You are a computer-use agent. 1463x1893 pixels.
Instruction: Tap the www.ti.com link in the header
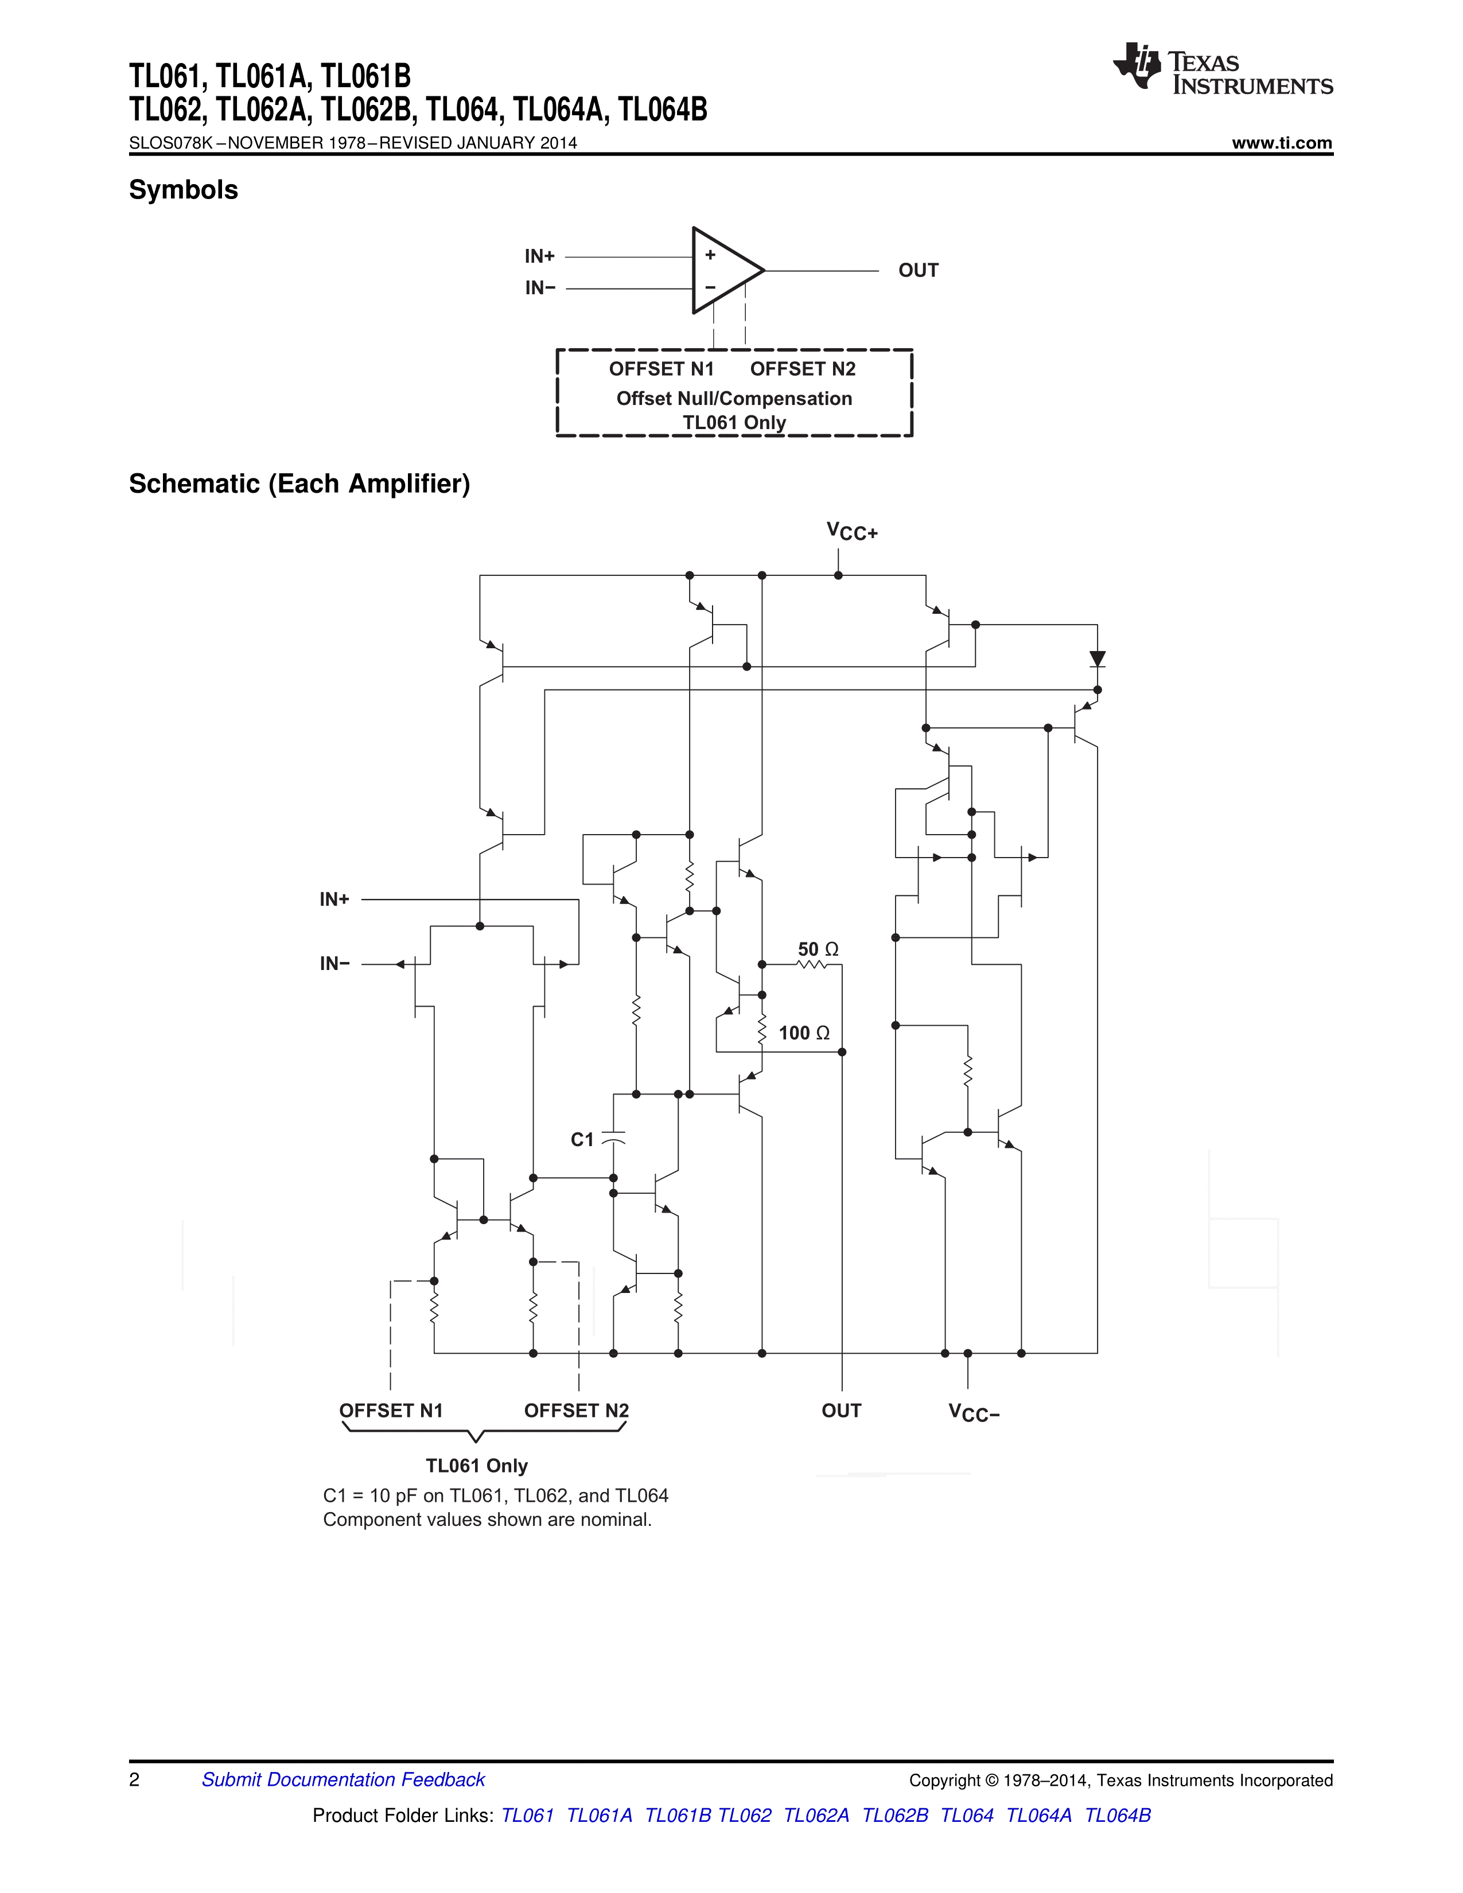(1282, 143)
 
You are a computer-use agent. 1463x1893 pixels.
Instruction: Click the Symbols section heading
(183, 190)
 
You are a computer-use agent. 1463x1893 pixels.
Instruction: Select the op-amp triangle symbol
(723, 270)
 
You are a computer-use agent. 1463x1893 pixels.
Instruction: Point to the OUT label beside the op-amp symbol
(918, 270)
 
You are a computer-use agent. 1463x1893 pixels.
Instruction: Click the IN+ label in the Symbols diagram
(539, 256)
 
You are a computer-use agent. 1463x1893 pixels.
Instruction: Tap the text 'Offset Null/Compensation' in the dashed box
(733, 399)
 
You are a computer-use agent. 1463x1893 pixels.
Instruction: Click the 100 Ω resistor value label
(803, 1033)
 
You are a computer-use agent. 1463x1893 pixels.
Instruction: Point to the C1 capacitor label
(582, 1139)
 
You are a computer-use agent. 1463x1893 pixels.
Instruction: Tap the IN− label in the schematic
(334, 964)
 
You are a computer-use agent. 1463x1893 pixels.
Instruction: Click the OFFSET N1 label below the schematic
(391, 1410)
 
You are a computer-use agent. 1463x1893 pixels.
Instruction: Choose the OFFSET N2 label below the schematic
(577, 1410)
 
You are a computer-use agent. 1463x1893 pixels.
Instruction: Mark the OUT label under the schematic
(841, 1410)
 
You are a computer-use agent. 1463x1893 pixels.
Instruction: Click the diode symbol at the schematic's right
(1097, 659)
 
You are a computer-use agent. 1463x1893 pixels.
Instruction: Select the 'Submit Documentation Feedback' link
(343, 1779)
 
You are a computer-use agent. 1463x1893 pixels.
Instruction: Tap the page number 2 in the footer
(134, 1779)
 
